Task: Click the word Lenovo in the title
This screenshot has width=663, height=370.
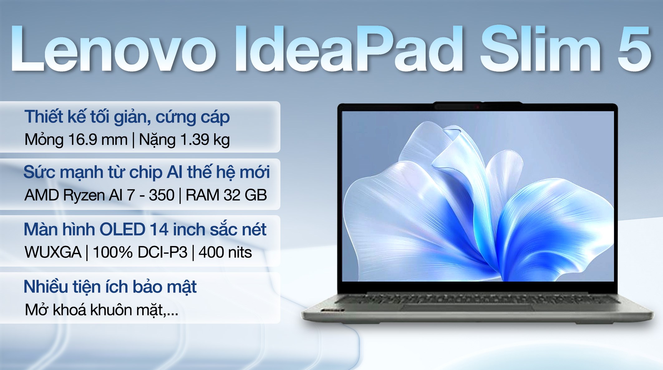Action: pos(114,50)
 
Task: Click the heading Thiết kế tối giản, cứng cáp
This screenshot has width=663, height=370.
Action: pos(127,117)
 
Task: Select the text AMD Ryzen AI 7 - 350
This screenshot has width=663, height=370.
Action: pos(99,195)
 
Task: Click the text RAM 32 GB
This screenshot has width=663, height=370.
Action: pos(226,195)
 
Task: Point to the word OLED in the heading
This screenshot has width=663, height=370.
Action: pos(122,230)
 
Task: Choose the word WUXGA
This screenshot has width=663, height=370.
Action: pos(53,252)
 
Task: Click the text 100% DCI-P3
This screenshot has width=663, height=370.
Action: pos(140,252)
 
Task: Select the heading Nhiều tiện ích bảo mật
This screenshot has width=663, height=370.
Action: pos(110,287)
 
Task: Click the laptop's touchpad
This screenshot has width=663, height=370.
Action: pos(467,308)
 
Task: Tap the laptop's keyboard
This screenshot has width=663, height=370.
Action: pos(477,299)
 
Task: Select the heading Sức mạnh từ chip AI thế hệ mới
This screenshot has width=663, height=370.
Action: pos(146,172)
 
